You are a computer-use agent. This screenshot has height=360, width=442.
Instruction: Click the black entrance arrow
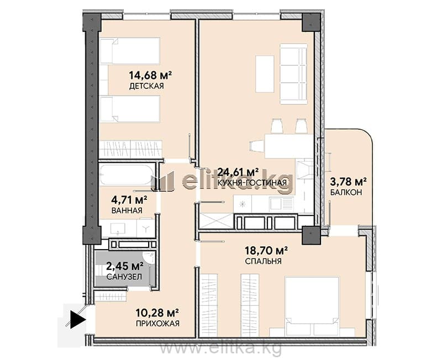pyautogui.click(x=77, y=320)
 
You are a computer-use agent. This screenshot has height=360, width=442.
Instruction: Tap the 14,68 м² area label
pyautogui.click(x=150, y=75)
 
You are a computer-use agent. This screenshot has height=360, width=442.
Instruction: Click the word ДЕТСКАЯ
pyautogui.click(x=146, y=86)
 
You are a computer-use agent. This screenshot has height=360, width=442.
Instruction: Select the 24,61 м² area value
pyautogui.click(x=238, y=172)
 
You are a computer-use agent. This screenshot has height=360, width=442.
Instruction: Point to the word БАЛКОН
pyautogui.click(x=346, y=192)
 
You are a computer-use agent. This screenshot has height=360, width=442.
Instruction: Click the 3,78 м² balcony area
pyautogui.click(x=349, y=182)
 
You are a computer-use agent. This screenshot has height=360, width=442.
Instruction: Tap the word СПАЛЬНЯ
pyautogui.click(x=264, y=261)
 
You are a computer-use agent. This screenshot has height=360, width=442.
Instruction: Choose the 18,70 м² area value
pyautogui.click(x=266, y=250)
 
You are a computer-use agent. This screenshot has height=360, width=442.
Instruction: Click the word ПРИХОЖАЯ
pyautogui.click(x=157, y=323)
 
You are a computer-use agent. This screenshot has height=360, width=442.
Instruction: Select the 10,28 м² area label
pyautogui.click(x=157, y=313)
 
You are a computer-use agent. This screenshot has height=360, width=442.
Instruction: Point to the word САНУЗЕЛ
pyautogui.click(x=124, y=277)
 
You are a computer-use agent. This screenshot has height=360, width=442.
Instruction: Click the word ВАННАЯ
pyautogui.click(x=127, y=210)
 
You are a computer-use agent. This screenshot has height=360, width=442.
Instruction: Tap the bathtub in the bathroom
pyautogui.click(x=127, y=174)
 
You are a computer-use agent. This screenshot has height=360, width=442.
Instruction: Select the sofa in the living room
pyautogui.click(x=293, y=74)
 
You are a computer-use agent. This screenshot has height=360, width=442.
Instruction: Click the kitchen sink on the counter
pyautogui.click(x=281, y=204)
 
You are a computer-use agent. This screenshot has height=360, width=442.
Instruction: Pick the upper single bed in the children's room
pyautogui.click(x=130, y=51)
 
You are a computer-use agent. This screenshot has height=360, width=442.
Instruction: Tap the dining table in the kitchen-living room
pyautogui.click(x=288, y=146)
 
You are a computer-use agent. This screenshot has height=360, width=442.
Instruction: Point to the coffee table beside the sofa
pyautogui.click(x=265, y=74)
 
